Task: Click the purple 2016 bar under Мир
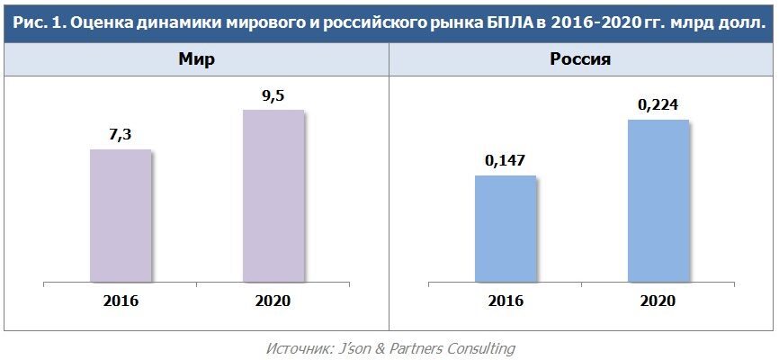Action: point(121,215)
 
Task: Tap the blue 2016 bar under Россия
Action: point(505,229)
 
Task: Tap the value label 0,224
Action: point(658,104)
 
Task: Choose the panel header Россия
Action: point(580,60)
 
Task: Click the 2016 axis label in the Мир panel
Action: point(121,300)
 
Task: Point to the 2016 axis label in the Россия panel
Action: point(505,300)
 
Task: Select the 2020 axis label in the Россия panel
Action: point(658,300)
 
